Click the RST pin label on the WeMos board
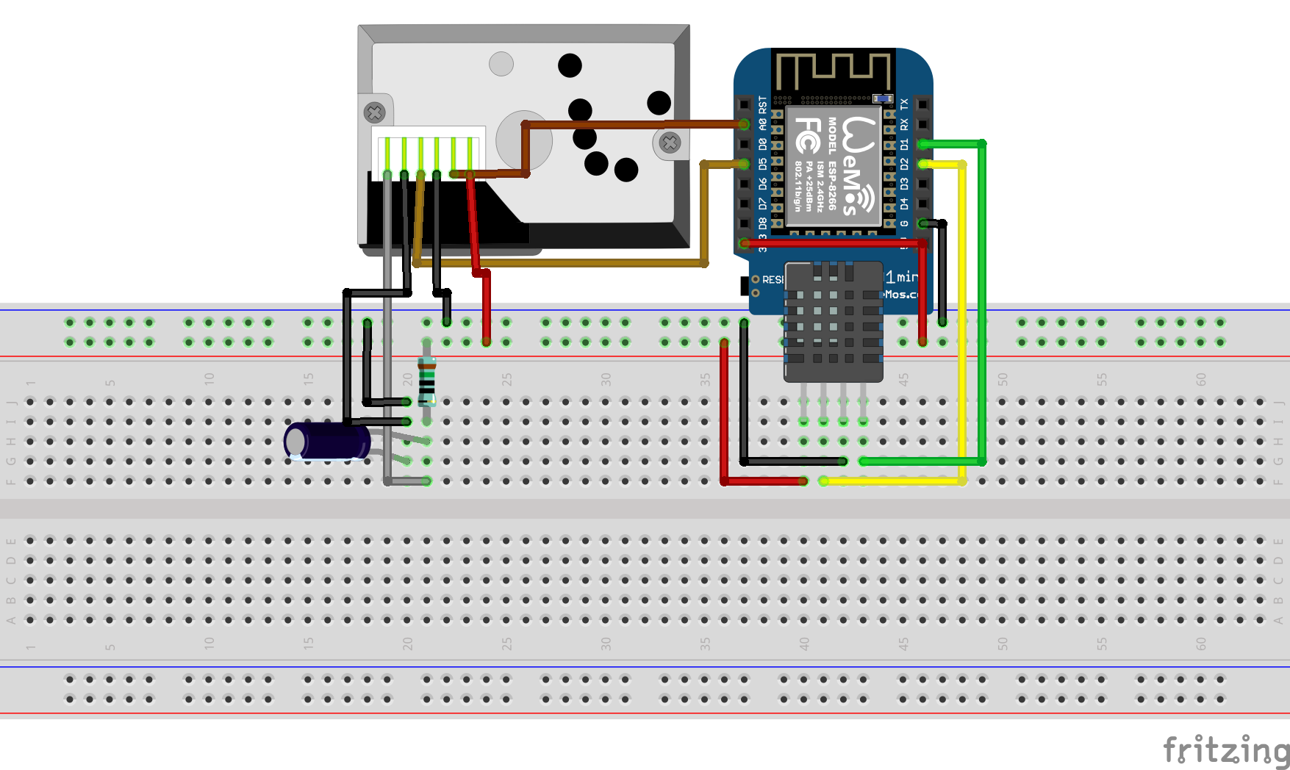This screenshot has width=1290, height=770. click(762, 105)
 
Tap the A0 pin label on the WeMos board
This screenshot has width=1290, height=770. click(762, 125)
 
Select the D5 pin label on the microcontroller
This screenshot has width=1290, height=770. click(762, 164)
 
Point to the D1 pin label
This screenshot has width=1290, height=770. click(904, 144)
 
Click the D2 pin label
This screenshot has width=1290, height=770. click(904, 164)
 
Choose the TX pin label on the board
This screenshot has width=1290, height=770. click(904, 104)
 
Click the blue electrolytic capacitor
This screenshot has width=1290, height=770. click(327, 442)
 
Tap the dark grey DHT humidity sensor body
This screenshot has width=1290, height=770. click(834, 323)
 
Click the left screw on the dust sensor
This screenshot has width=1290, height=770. click(375, 112)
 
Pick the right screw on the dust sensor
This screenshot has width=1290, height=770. click(670, 143)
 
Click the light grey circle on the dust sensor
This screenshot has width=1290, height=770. click(501, 64)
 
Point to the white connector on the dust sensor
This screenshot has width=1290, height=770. click(429, 151)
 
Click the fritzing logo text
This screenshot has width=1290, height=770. click(1225, 750)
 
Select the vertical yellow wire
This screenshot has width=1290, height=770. click(962, 323)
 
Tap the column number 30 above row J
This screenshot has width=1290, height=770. click(606, 379)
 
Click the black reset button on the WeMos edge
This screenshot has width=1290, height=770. click(745, 284)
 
